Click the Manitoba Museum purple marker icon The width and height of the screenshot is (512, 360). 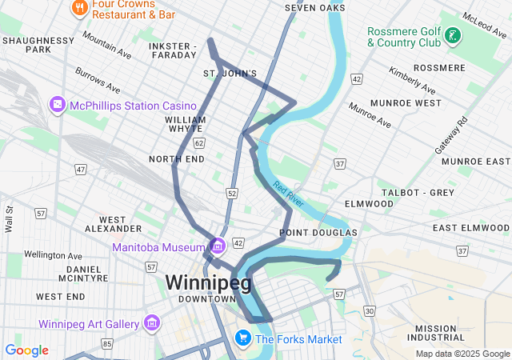[x=217, y=246]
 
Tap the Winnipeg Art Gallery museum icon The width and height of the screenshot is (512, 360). [x=151, y=324]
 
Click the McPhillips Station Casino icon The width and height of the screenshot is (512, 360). [x=58, y=106]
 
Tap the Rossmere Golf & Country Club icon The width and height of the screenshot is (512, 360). [x=454, y=35]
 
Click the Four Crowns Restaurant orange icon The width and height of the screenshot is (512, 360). [x=79, y=9]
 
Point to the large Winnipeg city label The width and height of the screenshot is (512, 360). [x=208, y=282]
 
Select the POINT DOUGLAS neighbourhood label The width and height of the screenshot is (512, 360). [x=318, y=233]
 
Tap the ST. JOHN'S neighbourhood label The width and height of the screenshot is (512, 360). [x=230, y=74]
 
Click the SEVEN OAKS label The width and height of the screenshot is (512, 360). [x=315, y=8]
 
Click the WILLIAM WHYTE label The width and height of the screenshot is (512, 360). [x=185, y=124]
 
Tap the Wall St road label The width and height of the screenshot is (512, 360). [x=9, y=218]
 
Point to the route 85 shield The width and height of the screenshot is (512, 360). [x=107, y=344]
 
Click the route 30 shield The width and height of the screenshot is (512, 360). [x=369, y=310]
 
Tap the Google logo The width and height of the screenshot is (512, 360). [x=26, y=350]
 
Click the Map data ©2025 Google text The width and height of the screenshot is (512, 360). [x=462, y=354]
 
